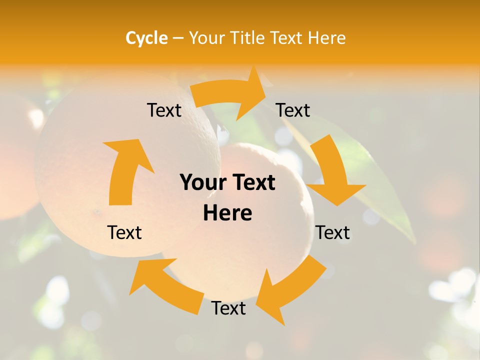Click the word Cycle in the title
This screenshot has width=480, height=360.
coord(146,38)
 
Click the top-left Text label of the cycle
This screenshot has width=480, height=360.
coord(164,110)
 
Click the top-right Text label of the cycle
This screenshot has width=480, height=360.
coord(293,110)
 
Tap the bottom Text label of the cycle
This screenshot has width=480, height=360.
coord(228,308)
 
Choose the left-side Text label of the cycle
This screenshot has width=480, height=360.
coord(124,232)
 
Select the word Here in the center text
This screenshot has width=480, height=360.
coord(227,213)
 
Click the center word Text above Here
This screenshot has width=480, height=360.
coord(252,183)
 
